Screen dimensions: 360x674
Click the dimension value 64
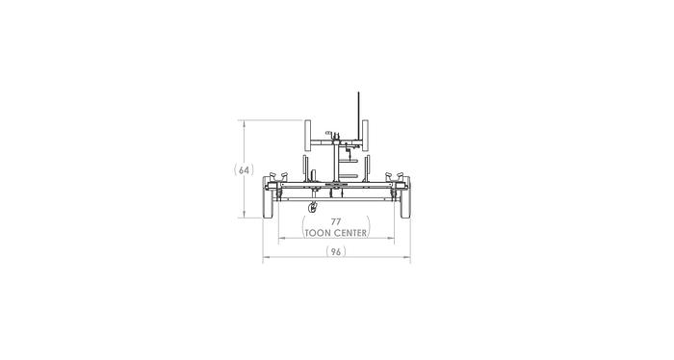coord(244,170)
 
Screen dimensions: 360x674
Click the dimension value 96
coord(336,251)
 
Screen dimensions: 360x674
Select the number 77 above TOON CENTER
coord(336,221)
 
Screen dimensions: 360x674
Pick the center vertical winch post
coord(336,159)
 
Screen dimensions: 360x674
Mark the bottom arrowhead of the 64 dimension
coord(244,219)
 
